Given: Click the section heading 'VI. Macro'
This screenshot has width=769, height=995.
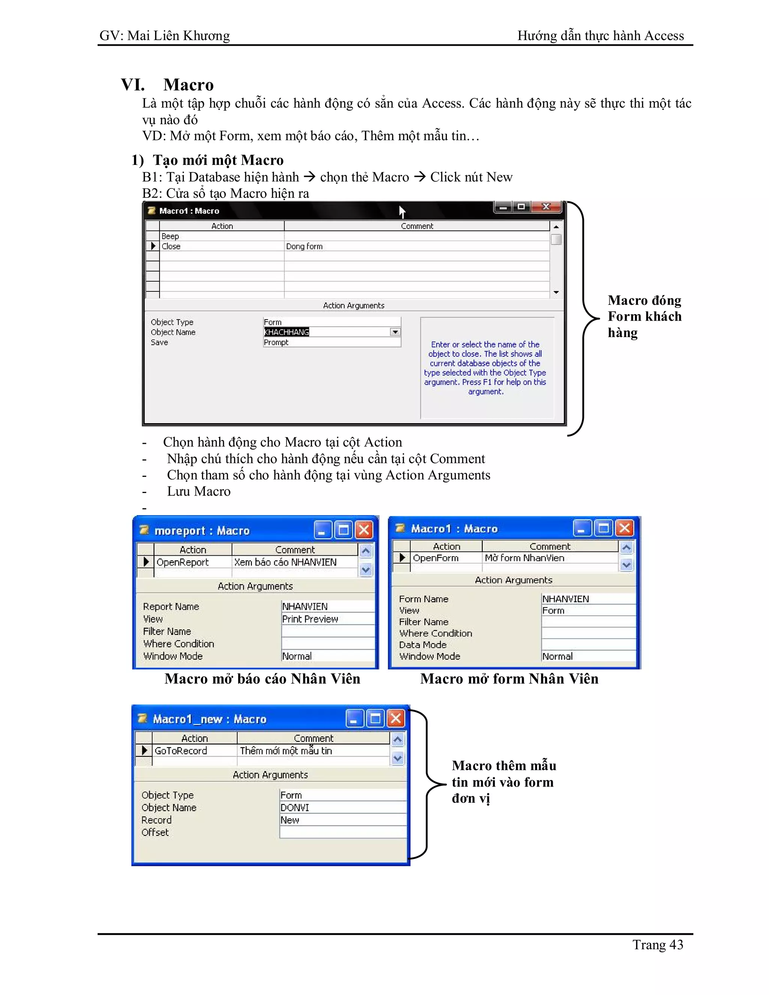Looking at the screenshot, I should tap(167, 85).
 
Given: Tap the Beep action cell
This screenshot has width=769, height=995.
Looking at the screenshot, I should tap(221, 236).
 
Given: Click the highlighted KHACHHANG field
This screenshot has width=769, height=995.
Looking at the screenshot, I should tap(286, 332).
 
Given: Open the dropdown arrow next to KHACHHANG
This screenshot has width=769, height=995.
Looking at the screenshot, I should tap(395, 332).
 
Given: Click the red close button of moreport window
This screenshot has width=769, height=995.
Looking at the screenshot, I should tap(364, 530).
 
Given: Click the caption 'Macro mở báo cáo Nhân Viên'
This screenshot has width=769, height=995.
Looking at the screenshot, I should tap(262, 678).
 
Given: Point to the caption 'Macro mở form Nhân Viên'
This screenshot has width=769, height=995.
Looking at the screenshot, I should tap(509, 678).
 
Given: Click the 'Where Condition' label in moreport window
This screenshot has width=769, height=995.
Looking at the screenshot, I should tap(179, 644).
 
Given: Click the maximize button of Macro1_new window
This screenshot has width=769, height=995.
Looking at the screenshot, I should tap(375, 718).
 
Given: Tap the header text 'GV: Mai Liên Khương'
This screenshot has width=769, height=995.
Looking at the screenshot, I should tap(164, 36).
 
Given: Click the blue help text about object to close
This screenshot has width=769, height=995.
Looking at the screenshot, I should tap(485, 368).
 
